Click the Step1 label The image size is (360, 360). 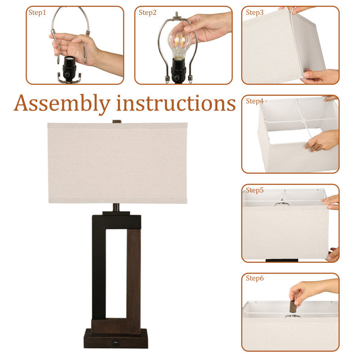(x=37, y=13)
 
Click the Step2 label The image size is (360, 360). (x=148, y=13)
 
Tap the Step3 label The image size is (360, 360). (x=255, y=13)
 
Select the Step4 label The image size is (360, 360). (x=255, y=101)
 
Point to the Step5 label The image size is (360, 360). (x=255, y=190)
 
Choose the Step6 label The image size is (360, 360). (x=255, y=278)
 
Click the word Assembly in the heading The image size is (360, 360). (x=62, y=104)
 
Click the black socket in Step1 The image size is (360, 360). (x=69, y=68)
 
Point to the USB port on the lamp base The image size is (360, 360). (x=115, y=343)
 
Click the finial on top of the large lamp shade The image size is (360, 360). (x=117, y=121)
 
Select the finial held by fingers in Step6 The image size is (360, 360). (x=293, y=306)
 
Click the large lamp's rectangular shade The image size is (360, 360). (x=117, y=163)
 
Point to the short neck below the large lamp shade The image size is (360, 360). (x=116, y=207)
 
